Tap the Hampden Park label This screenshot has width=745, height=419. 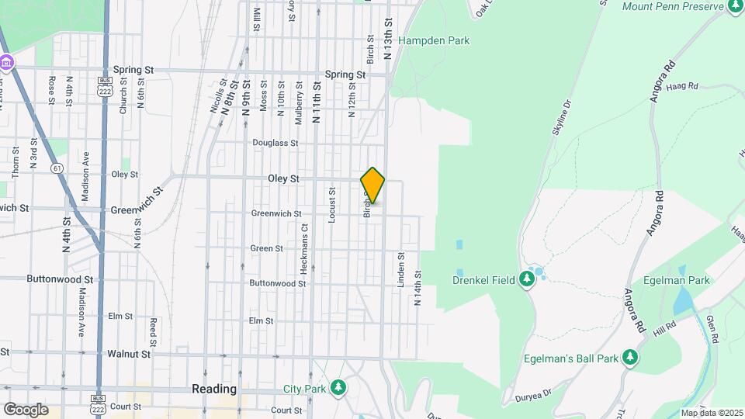(434, 40)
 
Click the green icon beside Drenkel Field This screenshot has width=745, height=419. (528, 279)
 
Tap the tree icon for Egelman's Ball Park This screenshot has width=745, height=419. (632, 358)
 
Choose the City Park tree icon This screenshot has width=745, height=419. (338, 387)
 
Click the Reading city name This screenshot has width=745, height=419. (214, 389)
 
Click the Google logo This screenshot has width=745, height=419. (26, 410)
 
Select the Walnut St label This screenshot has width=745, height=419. (129, 353)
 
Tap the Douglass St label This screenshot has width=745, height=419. (275, 143)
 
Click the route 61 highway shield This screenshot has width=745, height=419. (57, 168)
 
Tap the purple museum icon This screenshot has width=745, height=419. (6, 62)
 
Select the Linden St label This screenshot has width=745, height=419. (401, 270)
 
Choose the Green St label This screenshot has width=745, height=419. (266, 248)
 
